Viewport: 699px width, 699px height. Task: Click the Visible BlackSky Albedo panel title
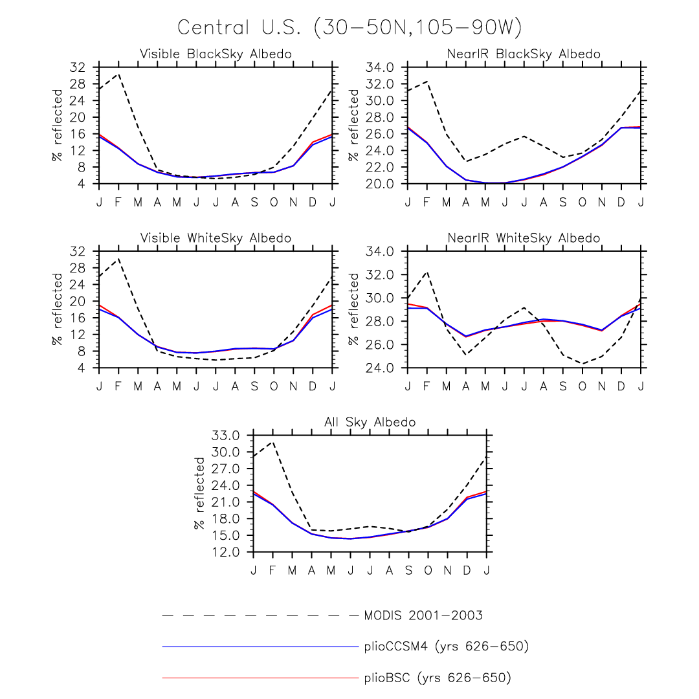click(x=216, y=54)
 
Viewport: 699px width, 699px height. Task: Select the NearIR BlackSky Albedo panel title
click(x=524, y=54)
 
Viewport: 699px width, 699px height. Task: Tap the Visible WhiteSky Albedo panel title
click(x=216, y=238)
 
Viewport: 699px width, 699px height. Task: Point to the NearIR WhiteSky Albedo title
click(x=524, y=238)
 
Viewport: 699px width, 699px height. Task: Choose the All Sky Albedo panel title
click(x=370, y=422)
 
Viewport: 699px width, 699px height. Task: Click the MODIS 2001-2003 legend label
click(x=423, y=615)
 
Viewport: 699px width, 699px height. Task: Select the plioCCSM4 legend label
click(x=446, y=646)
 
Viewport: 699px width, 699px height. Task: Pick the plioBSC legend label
click(x=438, y=678)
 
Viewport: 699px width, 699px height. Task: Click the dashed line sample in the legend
click(x=259, y=615)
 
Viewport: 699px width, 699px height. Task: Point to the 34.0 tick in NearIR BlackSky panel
click(x=380, y=67)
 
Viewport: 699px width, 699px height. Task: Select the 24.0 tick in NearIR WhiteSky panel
click(x=380, y=368)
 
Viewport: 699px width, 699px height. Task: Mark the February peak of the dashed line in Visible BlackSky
click(x=118, y=73)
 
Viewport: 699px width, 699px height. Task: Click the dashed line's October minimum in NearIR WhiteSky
click(x=582, y=364)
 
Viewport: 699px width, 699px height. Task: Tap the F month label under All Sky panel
click(x=272, y=570)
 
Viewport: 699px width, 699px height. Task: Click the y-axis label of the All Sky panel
click(x=200, y=493)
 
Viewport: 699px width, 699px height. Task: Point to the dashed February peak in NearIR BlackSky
click(x=427, y=82)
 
